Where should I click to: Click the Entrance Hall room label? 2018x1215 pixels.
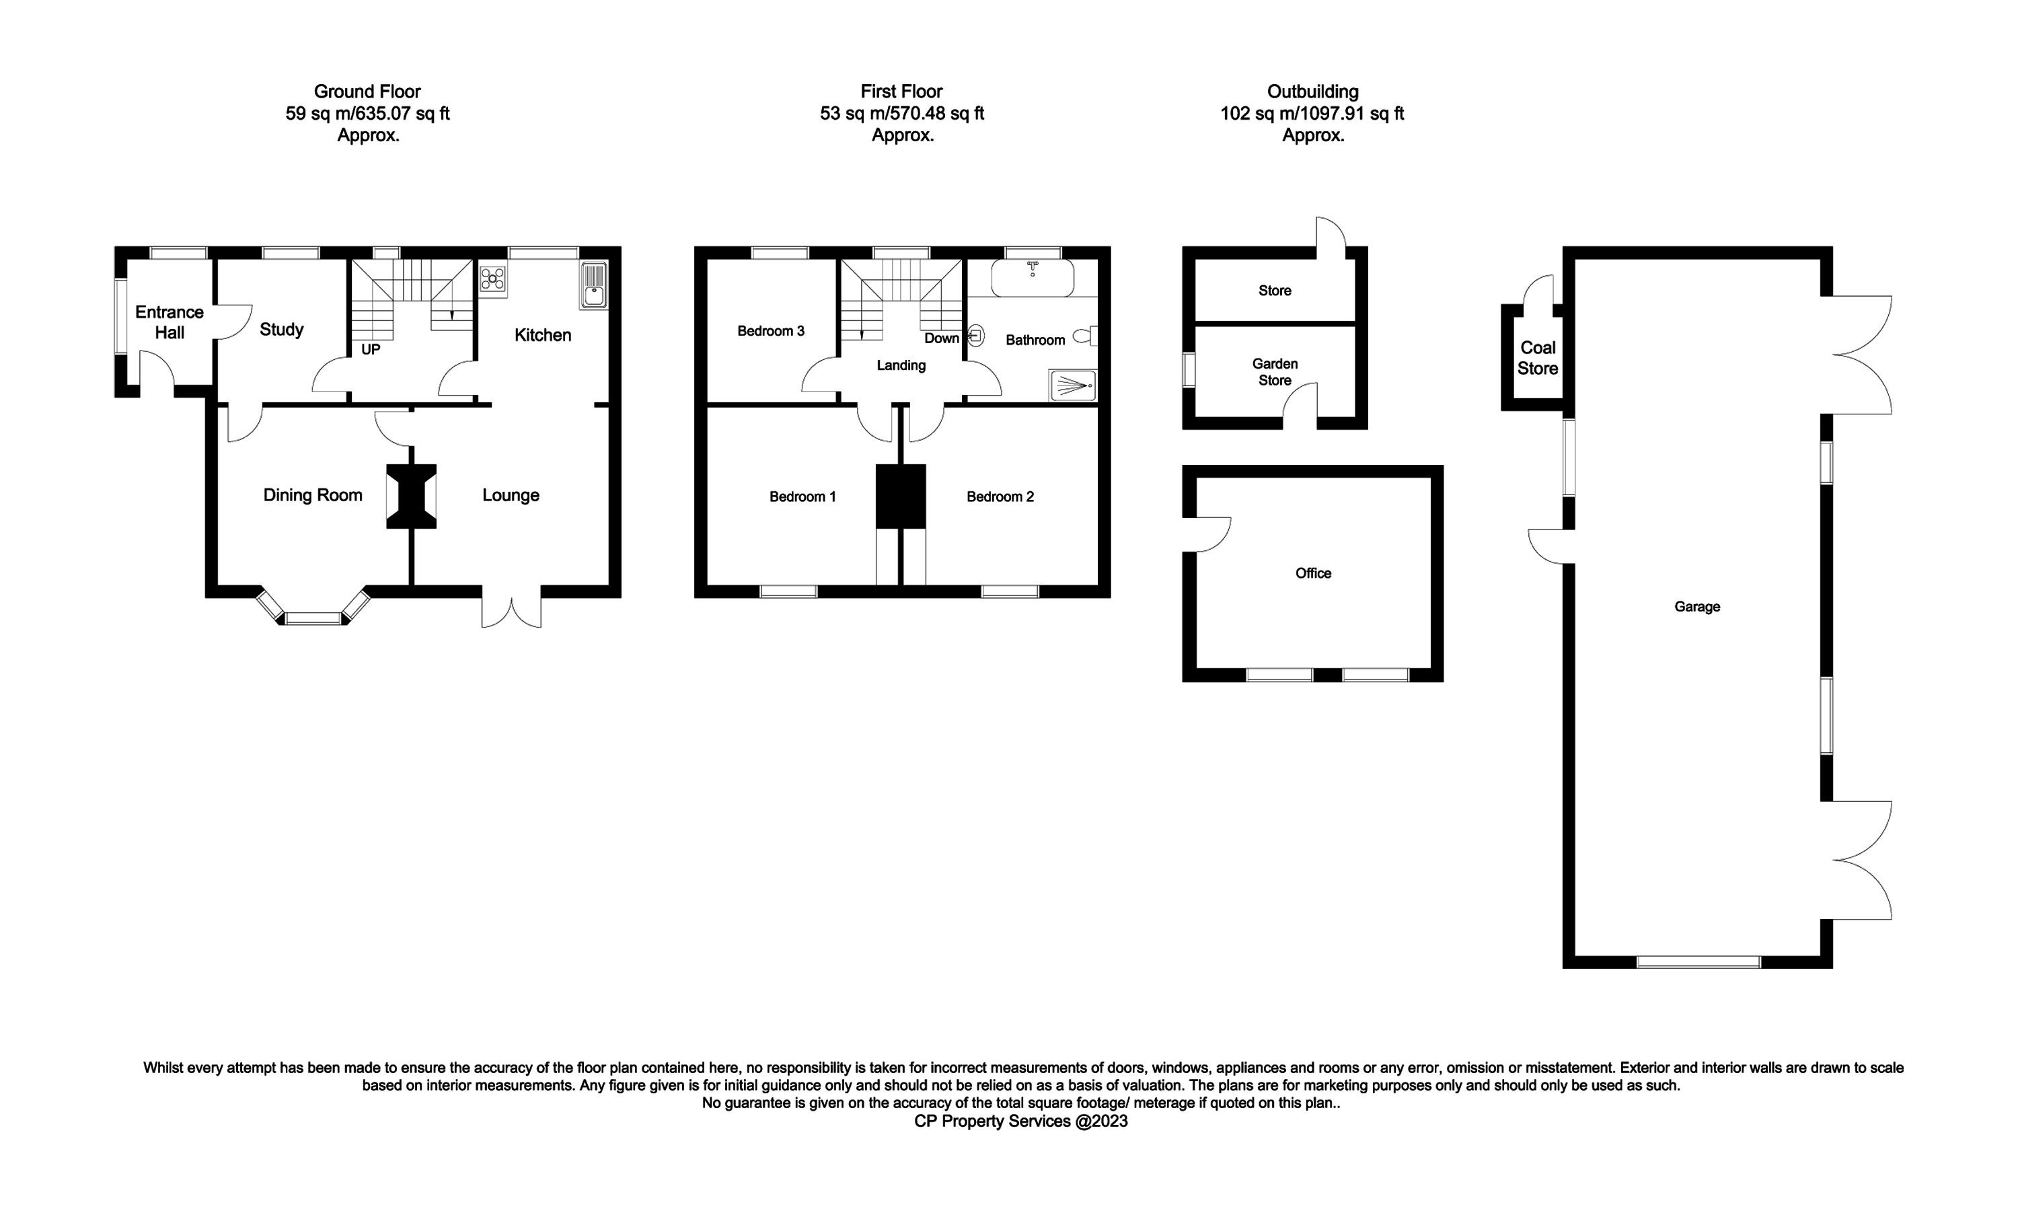(x=170, y=322)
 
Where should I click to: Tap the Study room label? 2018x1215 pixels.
(x=282, y=329)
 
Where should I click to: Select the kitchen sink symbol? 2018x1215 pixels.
(x=593, y=286)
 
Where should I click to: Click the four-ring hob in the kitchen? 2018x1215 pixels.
(x=493, y=279)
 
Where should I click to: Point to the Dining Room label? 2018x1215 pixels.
(x=313, y=495)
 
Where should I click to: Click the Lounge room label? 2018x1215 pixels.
(x=511, y=495)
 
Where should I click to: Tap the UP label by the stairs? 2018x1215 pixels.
(x=371, y=350)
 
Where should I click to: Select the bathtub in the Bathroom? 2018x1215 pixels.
(x=1033, y=279)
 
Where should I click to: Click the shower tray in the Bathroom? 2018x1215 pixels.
(x=1072, y=385)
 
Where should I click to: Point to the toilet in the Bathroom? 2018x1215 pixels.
(x=1086, y=335)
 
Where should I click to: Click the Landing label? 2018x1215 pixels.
(x=901, y=365)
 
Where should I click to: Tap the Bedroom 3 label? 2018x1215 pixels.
(x=771, y=331)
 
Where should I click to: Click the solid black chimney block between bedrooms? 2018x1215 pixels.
(x=901, y=496)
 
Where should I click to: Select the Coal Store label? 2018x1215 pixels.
(x=1538, y=358)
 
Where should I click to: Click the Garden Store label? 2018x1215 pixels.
(x=1275, y=372)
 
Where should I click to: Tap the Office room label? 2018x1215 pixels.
(x=1313, y=573)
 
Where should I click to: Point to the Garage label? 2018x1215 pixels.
(x=1697, y=607)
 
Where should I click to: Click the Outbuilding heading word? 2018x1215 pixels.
(x=1312, y=91)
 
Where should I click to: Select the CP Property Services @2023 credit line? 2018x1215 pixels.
(x=1021, y=1121)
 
